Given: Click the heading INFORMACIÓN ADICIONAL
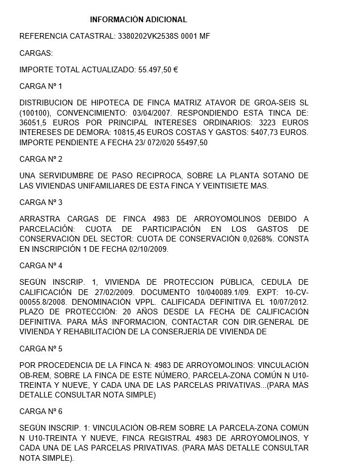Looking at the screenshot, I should click(138, 20).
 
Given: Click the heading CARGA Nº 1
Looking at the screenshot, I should click(40, 86).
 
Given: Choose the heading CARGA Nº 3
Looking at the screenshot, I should click(40, 202).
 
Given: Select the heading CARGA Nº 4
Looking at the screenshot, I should click(40, 265).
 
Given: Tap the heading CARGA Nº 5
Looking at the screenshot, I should click(40, 347).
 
